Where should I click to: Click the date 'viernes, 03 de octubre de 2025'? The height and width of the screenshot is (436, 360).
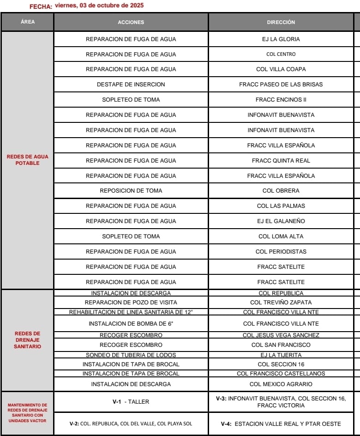(x=99, y=6)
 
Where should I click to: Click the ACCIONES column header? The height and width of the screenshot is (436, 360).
(x=131, y=22)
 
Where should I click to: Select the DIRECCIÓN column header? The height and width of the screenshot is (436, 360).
(x=281, y=22)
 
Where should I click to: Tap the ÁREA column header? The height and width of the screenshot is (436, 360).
(x=28, y=22)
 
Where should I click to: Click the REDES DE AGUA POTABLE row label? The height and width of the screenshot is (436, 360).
(x=28, y=160)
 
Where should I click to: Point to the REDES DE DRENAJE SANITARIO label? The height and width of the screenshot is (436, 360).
(x=28, y=339)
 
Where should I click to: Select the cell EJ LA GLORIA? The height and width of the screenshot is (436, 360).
(x=281, y=39)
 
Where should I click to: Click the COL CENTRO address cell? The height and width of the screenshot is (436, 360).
(x=281, y=54)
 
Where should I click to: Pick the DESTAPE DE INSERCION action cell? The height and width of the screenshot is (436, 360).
(x=131, y=85)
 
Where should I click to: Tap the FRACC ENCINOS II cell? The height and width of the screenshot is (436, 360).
(x=281, y=100)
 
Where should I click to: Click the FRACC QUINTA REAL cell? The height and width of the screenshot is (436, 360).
(x=281, y=161)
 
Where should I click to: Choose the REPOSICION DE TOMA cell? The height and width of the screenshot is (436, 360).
(x=131, y=191)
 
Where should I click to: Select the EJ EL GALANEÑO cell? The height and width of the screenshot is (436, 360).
(x=281, y=221)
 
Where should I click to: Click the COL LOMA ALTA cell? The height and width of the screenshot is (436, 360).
(x=281, y=236)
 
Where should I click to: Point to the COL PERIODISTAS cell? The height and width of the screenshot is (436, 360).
(x=281, y=252)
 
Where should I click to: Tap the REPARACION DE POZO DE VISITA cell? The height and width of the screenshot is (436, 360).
(x=131, y=303)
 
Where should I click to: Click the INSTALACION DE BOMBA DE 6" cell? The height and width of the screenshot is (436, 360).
(x=131, y=324)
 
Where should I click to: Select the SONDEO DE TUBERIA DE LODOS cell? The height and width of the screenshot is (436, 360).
(x=131, y=355)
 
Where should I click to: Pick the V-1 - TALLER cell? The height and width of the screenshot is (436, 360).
(x=131, y=402)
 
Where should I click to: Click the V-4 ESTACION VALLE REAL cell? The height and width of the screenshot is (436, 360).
(x=281, y=424)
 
